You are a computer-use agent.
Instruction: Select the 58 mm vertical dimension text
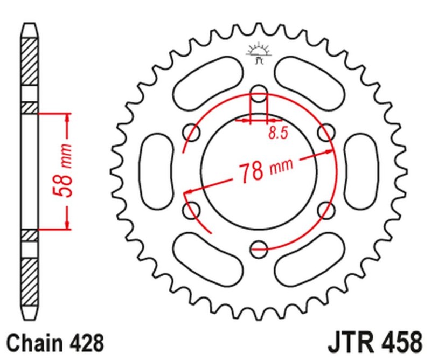(x=65, y=171)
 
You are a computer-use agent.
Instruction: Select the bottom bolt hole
(x=259, y=247)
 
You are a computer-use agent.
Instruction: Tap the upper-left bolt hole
(x=191, y=130)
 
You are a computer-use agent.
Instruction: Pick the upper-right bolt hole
(x=326, y=130)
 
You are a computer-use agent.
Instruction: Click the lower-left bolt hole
(x=191, y=209)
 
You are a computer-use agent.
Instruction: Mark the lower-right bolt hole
(x=326, y=209)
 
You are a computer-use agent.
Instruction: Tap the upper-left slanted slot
(x=208, y=81)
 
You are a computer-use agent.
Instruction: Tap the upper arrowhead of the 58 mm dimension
(x=67, y=116)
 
